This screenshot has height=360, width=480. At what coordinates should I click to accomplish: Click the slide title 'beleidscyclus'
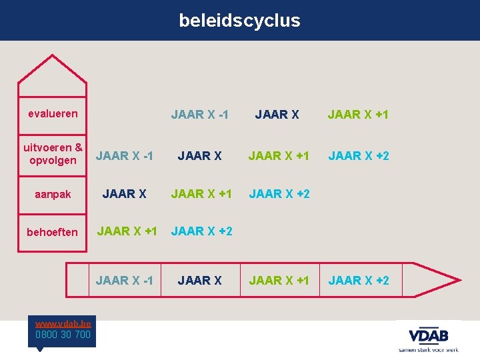click(239, 21)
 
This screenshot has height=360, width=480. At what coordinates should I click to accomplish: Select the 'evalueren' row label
click(53, 113)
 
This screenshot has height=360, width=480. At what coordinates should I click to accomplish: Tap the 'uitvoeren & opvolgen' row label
click(53, 154)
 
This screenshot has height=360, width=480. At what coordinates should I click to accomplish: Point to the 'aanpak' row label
click(53, 193)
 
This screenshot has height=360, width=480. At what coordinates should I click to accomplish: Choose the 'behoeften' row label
click(53, 232)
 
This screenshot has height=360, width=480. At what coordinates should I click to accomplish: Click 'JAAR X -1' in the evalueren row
click(199, 115)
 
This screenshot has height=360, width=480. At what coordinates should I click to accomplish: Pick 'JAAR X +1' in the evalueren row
click(358, 115)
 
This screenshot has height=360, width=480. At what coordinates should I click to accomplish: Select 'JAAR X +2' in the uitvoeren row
click(358, 156)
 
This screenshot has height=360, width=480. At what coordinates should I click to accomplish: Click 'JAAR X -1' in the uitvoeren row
click(125, 156)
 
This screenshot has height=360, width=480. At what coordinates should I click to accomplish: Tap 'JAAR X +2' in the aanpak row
click(279, 194)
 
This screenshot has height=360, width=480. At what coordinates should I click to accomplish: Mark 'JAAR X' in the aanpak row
click(125, 194)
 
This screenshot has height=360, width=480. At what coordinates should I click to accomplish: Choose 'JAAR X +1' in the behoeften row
click(127, 232)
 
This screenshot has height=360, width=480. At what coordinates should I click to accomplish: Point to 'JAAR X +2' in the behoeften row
click(202, 232)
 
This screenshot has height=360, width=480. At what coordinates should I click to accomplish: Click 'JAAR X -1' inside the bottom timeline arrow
click(125, 281)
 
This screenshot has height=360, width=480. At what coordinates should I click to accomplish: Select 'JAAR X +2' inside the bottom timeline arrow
click(358, 281)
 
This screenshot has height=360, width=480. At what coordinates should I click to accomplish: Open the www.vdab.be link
click(63, 323)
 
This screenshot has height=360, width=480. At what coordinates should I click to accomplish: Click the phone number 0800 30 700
click(63, 334)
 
